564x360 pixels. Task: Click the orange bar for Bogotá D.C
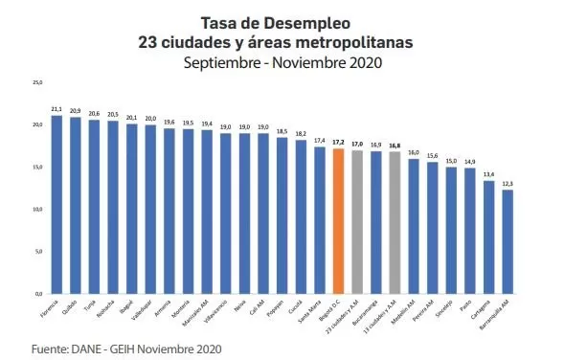(x=338, y=220)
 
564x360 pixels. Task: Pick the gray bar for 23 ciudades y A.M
(x=357, y=221)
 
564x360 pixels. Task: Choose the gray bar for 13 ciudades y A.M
(x=395, y=222)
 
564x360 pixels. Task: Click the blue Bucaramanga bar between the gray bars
(x=375, y=222)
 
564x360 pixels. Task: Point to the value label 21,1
(x=56, y=109)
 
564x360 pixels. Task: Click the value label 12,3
(x=508, y=183)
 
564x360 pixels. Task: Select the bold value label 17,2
(x=338, y=142)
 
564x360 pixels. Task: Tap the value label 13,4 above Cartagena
(x=488, y=174)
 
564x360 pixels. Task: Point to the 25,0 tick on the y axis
(x=37, y=83)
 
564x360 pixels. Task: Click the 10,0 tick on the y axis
(x=37, y=209)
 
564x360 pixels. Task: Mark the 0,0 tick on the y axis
(x=37, y=293)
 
